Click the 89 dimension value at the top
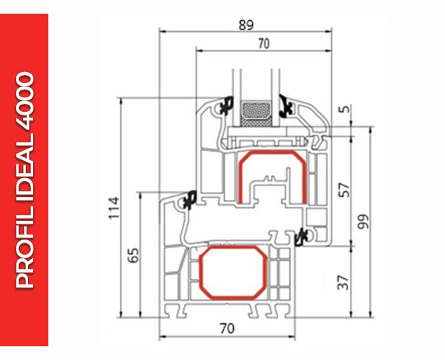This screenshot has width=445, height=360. point(246,25)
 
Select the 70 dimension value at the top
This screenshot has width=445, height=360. point(264,44)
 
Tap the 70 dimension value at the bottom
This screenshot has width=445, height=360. point(227,328)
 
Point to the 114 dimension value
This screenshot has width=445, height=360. point(114,208)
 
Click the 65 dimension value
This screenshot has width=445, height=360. point(133,255)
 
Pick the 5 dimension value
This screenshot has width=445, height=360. point(345,109)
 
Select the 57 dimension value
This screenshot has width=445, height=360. point(344,190)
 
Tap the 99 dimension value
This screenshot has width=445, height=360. point(364,221)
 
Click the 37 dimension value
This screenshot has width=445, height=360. point(343,282)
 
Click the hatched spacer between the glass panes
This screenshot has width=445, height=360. point(256,113)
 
